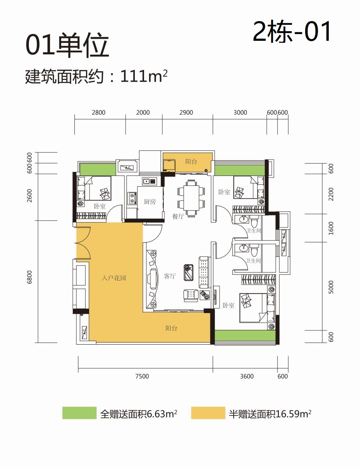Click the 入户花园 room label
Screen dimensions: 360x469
pyautogui.click(x=114, y=278)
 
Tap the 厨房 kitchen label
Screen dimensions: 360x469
pyautogui.click(x=150, y=202)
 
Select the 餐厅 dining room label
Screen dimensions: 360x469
pyautogui.click(x=178, y=216)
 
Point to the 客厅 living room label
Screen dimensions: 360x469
pyautogui.click(x=169, y=276)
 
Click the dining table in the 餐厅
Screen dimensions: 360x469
pyautogui.click(x=191, y=198)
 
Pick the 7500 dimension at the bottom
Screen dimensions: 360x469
pyautogui.click(x=142, y=376)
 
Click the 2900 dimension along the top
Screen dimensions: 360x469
pyautogui.click(x=186, y=112)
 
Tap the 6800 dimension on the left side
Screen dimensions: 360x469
pyautogui.click(x=29, y=277)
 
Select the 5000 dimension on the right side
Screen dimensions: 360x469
pyautogui.click(x=331, y=287)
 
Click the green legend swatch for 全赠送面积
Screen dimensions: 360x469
pyautogui.click(x=79, y=413)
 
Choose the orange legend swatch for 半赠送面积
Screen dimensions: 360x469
pyautogui.click(x=208, y=413)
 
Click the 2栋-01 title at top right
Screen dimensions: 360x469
pyautogui.click(x=292, y=32)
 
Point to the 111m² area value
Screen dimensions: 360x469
pyautogui.click(x=144, y=76)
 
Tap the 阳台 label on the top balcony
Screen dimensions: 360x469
pyautogui.click(x=191, y=162)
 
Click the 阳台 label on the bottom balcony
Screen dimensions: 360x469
pyautogui.click(x=171, y=328)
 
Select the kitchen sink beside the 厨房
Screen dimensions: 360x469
pyautogui.click(x=149, y=181)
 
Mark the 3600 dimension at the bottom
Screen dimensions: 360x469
pyautogui.click(x=247, y=376)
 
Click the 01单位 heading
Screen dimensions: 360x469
pyautogui.click(x=67, y=46)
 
